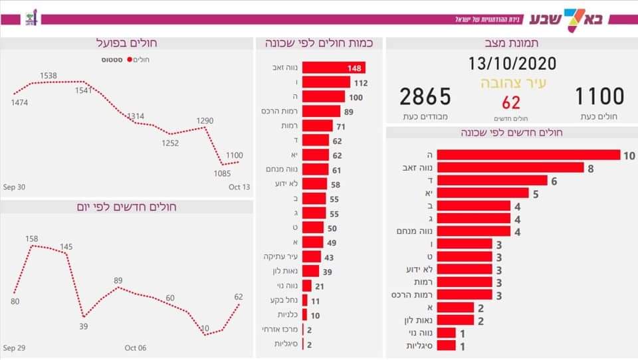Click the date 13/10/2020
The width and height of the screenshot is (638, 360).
tap(512, 64)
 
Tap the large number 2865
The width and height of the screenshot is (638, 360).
tap(425, 97)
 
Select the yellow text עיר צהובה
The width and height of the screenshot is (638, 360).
tap(512, 84)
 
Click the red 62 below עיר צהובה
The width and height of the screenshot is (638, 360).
tap(511, 102)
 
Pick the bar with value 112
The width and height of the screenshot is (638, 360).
tap(326, 82)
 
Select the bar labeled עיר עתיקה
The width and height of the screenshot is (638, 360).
tap(312, 256)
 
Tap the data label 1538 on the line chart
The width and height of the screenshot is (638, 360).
tap(48, 76)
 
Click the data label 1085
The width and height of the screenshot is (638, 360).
tap(223, 174)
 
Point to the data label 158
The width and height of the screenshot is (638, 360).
tap(32, 238)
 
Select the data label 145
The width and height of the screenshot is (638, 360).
tap(66, 246)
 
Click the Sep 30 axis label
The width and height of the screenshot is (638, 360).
tap(14, 187)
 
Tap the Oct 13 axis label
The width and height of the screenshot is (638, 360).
tap(239, 187)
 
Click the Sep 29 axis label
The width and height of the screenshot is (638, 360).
tap(14, 347)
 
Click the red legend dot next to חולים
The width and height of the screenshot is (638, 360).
tap(130, 60)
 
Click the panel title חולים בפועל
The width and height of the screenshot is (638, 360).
tap(127, 44)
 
